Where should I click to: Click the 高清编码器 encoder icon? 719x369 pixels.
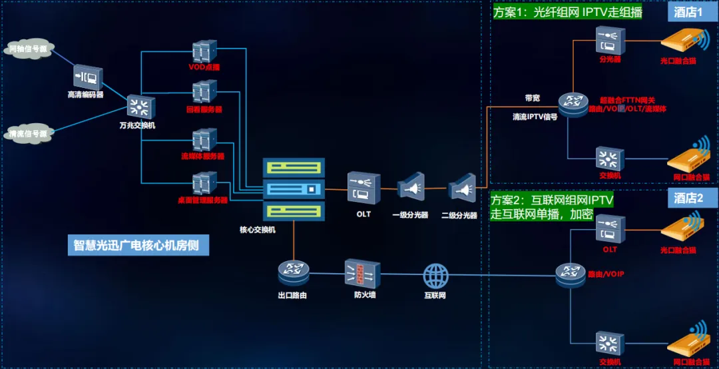tap(87, 78)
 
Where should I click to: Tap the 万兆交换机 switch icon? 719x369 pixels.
tap(140, 107)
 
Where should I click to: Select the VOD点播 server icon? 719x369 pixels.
tap(204, 51)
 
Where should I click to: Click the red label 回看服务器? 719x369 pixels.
tap(204, 109)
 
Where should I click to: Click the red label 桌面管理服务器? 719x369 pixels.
tap(202, 199)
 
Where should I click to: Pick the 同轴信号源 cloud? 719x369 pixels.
tap(30, 50)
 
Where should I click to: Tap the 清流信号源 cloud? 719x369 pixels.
tap(29, 134)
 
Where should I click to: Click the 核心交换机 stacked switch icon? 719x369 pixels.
tap(293, 189)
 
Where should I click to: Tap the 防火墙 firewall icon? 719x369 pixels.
tap(362, 272)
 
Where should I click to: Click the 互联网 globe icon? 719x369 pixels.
tap(437, 274)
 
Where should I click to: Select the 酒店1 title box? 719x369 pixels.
tap(690, 12)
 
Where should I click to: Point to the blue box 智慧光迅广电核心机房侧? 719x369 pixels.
tap(141, 245)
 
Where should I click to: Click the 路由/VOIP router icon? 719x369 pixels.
tap(570, 272)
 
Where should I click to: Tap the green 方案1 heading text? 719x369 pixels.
tap(567, 13)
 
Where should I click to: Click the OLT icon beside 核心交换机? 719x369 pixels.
tap(363, 188)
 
